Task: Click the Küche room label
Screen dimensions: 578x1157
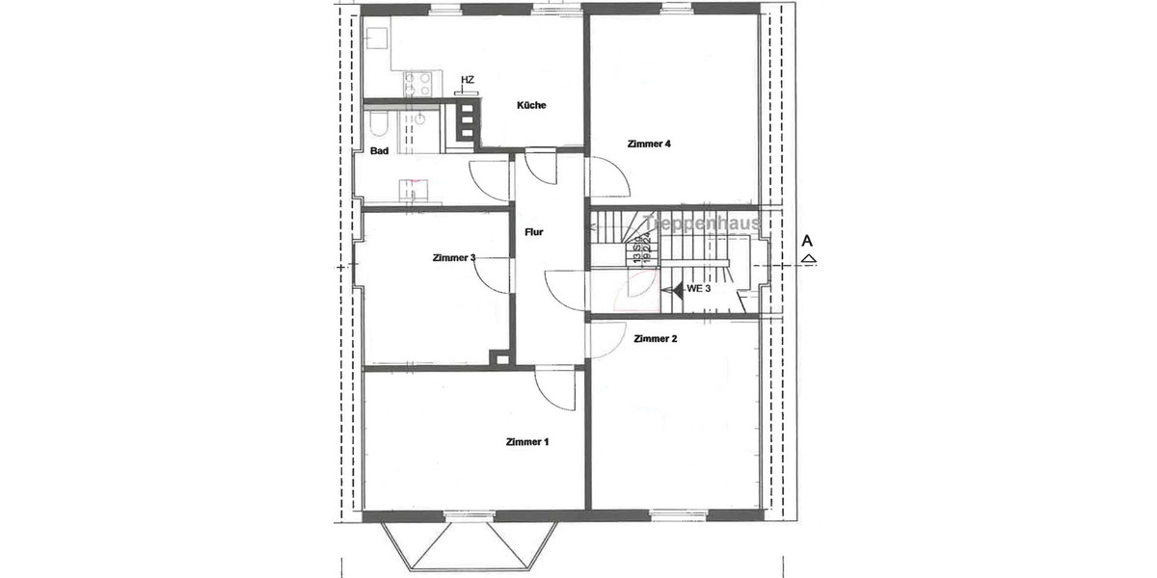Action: pos(531,106)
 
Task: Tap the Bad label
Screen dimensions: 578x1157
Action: pos(379,151)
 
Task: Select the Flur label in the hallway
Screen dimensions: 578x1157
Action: pos(533,232)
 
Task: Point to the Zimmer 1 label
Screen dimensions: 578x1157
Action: pos(526,442)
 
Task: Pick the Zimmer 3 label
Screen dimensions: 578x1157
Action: pos(454,257)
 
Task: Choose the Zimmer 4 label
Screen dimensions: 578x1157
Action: pos(648,144)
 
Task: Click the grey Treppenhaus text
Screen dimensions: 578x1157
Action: pos(704,223)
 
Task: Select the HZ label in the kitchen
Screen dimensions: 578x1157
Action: pos(468,80)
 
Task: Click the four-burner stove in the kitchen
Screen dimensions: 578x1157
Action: pos(417,85)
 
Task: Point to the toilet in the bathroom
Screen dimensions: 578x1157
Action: pos(377,125)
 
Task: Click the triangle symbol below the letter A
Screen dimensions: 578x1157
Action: pos(809,258)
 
